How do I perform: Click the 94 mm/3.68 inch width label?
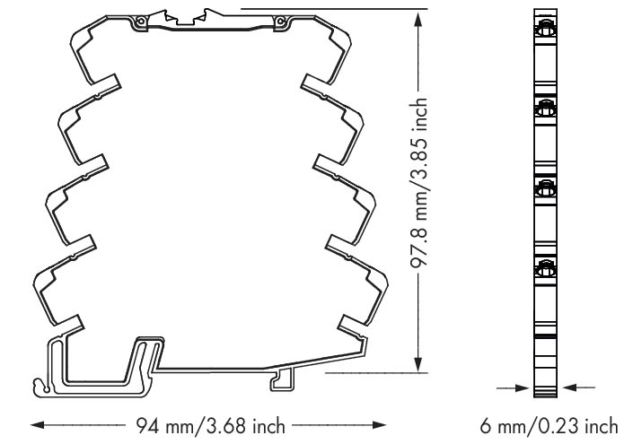pyautogui.click(x=210, y=426)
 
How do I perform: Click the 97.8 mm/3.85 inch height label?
pyautogui.click(x=419, y=183)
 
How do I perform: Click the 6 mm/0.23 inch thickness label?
pyautogui.click(x=549, y=426)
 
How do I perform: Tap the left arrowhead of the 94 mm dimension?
pyautogui.click(x=38, y=425)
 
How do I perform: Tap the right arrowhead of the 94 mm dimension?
pyautogui.click(x=379, y=425)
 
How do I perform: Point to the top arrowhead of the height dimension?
pyautogui.click(x=417, y=18)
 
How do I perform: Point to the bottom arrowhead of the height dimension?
pyautogui.click(x=417, y=364)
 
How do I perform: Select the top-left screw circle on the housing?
pyautogui.click(x=140, y=22)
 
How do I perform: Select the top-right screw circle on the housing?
pyautogui.click(x=280, y=21)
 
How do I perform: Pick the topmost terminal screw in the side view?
pyautogui.click(x=545, y=30)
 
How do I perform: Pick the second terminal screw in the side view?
pyautogui.click(x=545, y=109)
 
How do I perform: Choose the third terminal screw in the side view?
pyautogui.click(x=545, y=188)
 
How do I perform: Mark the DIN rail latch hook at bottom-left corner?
pyautogui.click(x=40, y=387)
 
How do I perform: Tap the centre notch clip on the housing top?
pyautogui.click(x=187, y=19)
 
